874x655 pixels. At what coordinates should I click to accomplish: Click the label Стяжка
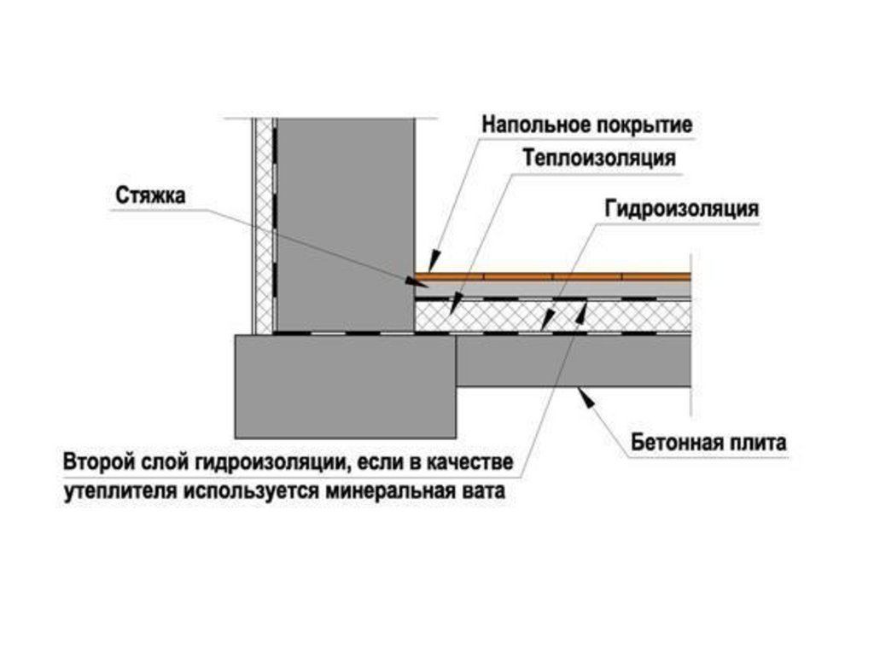point(150,196)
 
